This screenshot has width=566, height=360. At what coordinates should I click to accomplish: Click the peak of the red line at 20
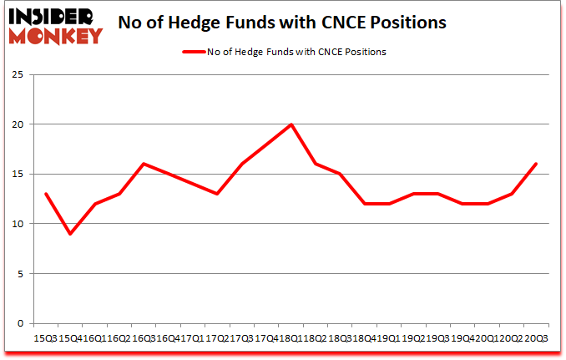point(291,124)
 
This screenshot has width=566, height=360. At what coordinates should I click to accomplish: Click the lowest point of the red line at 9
point(70,234)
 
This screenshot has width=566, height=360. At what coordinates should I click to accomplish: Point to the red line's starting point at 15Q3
point(46,194)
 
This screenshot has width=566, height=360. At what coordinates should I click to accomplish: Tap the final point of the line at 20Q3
point(535,164)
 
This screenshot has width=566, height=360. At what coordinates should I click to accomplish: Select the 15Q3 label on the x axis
point(44,338)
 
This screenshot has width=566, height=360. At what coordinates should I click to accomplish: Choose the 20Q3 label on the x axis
point(535,338)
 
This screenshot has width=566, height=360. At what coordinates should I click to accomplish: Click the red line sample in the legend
point(195,52)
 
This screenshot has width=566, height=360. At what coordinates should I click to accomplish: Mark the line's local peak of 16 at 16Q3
point(144,164)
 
